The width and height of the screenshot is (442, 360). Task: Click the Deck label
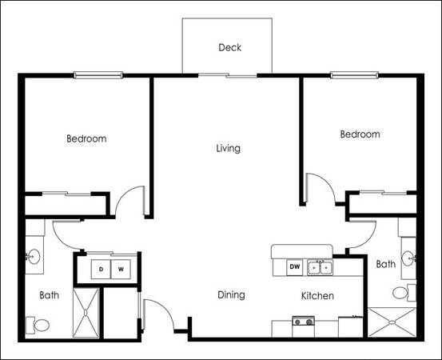point(229,47)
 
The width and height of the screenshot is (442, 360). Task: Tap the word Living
point(229,148)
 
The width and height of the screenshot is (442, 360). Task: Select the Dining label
point(231,295)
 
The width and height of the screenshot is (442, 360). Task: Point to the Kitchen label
point(317,296)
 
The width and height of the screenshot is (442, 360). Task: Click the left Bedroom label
point(86,138)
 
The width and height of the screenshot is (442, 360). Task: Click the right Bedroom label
point(360,134)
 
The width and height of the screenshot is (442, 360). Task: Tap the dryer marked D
point(101,269)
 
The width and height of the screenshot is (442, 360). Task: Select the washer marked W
point(121,269)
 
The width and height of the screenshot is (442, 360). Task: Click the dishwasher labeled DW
point(295,266)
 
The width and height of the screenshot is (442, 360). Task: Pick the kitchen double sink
point(320,267)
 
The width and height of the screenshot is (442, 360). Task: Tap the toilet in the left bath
point(38,325)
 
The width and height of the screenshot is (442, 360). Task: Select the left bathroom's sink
point(34,257)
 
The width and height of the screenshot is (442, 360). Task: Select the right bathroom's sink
point(408,258)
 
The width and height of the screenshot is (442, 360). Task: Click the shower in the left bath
point(86,313)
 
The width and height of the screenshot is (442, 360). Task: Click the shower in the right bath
point(392,322)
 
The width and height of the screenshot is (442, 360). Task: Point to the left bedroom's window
point(98,75)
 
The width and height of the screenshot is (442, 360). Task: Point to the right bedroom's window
point(354,75)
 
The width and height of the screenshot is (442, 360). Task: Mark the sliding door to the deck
point(228,75)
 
